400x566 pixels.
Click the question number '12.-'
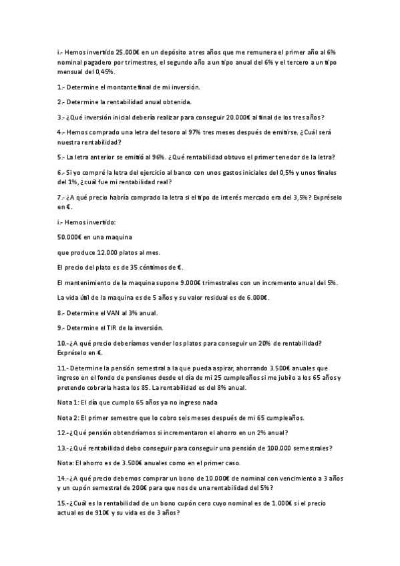pyautogui.click(x=64, y=433)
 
